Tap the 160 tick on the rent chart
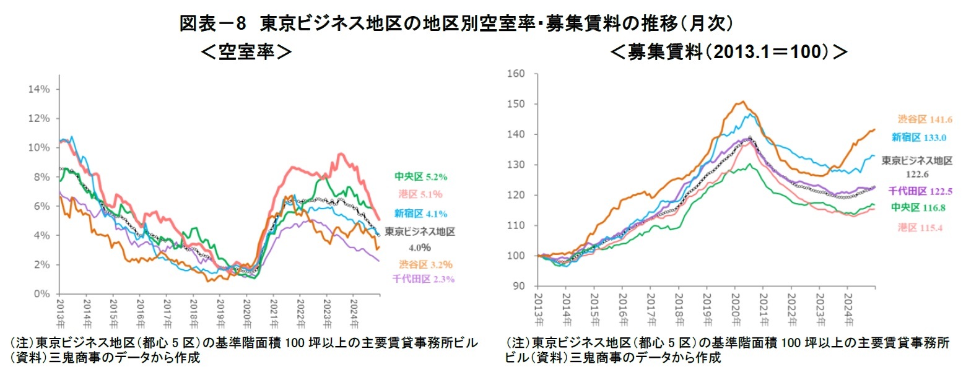point(516,74)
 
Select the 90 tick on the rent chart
point(519,286)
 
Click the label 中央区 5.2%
point(420,176)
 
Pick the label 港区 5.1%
point(421,194)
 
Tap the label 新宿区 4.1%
point(420,214)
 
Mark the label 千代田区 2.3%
point(424,279)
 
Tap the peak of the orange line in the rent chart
point(742,102)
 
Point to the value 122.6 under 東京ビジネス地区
point(918,175)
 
